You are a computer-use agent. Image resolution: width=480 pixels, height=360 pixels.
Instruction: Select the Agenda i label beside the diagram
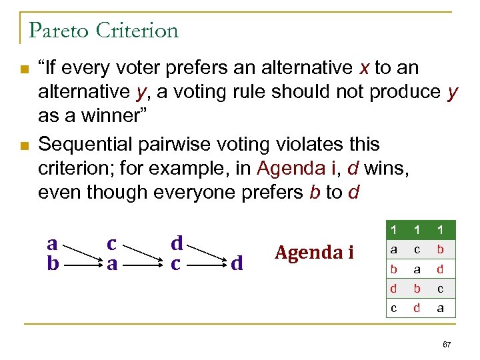315,252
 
